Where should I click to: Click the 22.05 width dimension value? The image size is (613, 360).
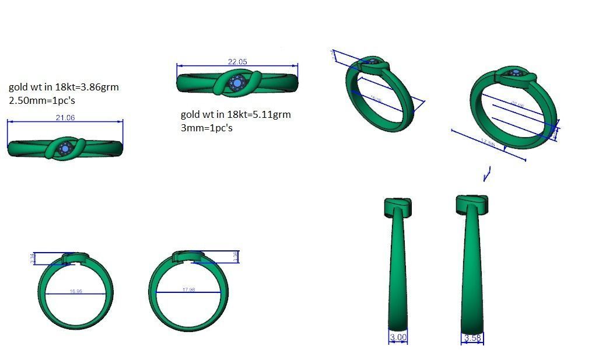237,62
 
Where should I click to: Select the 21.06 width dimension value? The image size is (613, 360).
65,118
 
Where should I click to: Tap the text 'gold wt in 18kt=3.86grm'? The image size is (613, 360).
64,87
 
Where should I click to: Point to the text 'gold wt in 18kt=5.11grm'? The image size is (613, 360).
236,114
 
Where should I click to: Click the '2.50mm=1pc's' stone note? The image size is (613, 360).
42,100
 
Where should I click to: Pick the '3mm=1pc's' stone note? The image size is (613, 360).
206,127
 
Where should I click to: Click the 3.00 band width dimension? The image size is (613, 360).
398,337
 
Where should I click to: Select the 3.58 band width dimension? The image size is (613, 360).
472,338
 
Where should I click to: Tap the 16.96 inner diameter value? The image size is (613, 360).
75,291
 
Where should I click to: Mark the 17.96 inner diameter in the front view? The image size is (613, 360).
188,289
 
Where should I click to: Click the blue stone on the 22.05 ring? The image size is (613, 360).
237,83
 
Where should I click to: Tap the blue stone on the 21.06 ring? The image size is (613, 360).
65,148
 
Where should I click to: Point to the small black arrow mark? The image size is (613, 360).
487,173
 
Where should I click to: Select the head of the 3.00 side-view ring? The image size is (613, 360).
397,207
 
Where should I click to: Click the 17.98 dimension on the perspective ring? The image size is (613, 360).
488,143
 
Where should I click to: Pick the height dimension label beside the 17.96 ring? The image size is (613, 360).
235,257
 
